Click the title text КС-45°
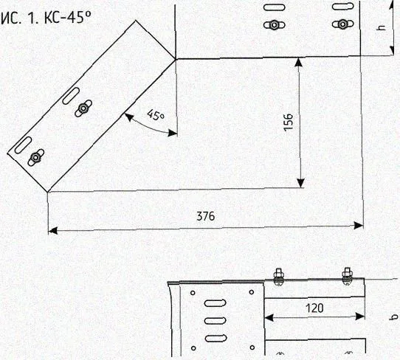tap(68, 18)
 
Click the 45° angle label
tap(156, 115)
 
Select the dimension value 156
tap(289, 122)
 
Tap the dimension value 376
tap(206, 216)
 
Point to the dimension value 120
tap(314, 308)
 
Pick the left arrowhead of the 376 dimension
tap(52, 231)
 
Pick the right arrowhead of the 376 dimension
tap(359, 226)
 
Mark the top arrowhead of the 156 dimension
tap(298, 63)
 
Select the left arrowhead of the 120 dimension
tap(269, 318)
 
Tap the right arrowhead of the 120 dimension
tap(360, 316)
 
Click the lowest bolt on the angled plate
tap(35, 157)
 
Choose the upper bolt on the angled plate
tap(83, 108)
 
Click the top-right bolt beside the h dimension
tap(343, 24)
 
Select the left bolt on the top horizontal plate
tap(275, 25)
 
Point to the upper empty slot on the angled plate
tap(71, 96)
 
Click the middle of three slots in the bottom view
tap(215, 320)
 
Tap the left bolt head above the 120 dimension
tap(278, 277)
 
